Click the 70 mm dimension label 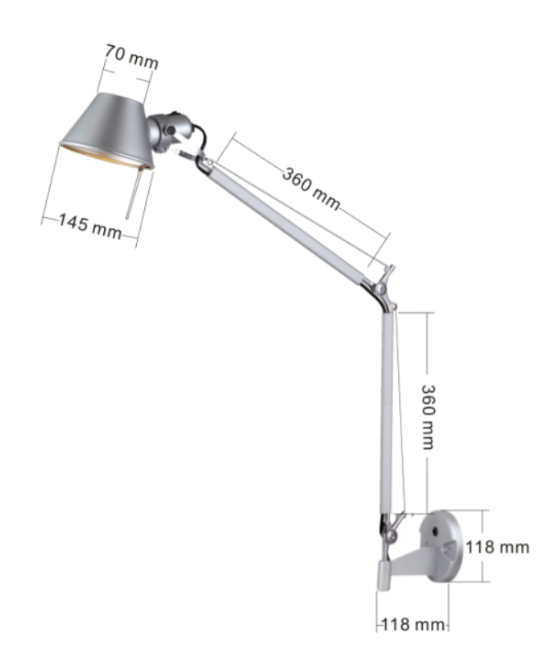point(131,58)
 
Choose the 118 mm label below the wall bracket point(413,625)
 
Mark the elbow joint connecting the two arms point(383,288)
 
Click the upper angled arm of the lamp point(295,225)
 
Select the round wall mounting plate point(442,545)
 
